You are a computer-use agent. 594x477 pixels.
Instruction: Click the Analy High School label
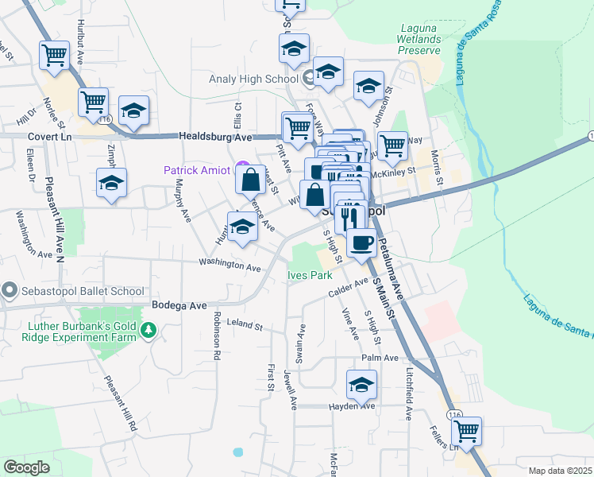253,79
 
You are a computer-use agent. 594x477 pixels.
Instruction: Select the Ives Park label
309,276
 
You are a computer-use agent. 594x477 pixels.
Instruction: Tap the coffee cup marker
362,242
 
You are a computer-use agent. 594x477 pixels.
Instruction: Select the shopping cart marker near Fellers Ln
466,432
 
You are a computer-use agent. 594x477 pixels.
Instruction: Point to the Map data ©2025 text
559,471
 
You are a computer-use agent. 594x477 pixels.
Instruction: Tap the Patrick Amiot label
196,170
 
